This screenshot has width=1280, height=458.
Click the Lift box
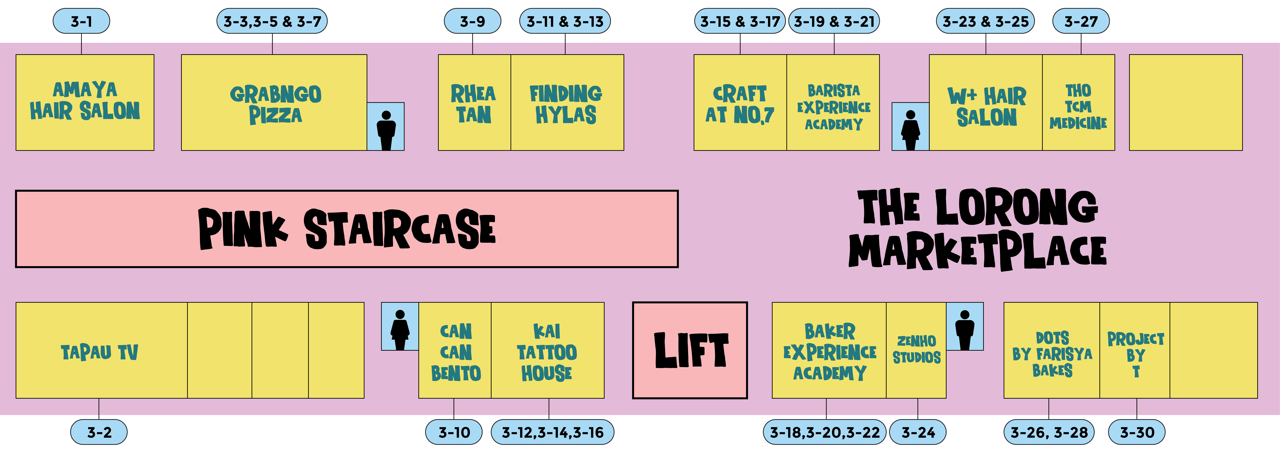(x=690, y=350)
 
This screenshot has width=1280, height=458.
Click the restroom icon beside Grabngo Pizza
(x=386, y=127)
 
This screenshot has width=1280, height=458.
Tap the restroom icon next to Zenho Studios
(x=964, y=327)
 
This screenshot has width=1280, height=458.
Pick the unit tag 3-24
(x=918, y=432)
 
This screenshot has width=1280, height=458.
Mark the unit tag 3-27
(x=1081, y=21)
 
